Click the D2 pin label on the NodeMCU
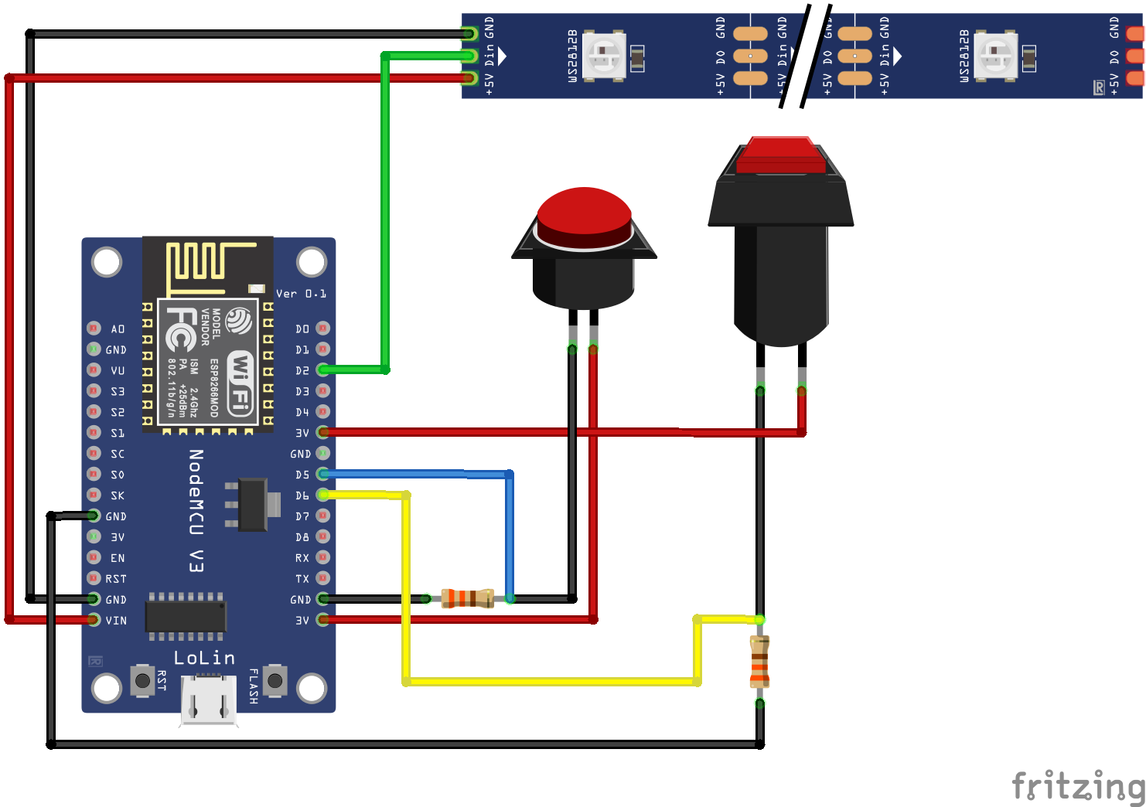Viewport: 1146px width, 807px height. [x=302, y=370]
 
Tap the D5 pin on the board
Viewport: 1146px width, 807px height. [x=322, y=474]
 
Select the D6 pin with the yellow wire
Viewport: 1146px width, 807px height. [x=322, y=495]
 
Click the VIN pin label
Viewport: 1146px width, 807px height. [x=116, y=620]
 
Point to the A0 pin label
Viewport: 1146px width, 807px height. [x=118, y=329]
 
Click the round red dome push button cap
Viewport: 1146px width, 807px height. [x=584, y=216]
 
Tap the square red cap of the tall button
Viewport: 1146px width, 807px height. [x=781, y=154]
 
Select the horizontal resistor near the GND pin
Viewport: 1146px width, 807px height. [x=467, y=598]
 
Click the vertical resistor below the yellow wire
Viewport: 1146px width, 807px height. [x=759, y=661]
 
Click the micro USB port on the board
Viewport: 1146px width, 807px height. [x=209, y=700]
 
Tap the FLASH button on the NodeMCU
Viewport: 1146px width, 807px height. [x=275, y=680]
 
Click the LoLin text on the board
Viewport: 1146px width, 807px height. [x=204, y=657]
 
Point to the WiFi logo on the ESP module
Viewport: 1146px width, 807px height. [x=240, y=382]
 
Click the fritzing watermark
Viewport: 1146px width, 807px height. [x=1078, y=785]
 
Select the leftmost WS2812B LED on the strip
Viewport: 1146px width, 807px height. [x=603, y=55]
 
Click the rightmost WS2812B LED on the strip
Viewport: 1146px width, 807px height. [x=995, y=55]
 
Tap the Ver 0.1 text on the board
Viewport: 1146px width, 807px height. [x=301, y=294]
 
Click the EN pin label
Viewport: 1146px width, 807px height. [x=118, y=557]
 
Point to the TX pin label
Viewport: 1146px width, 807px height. [x=302, y=578]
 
